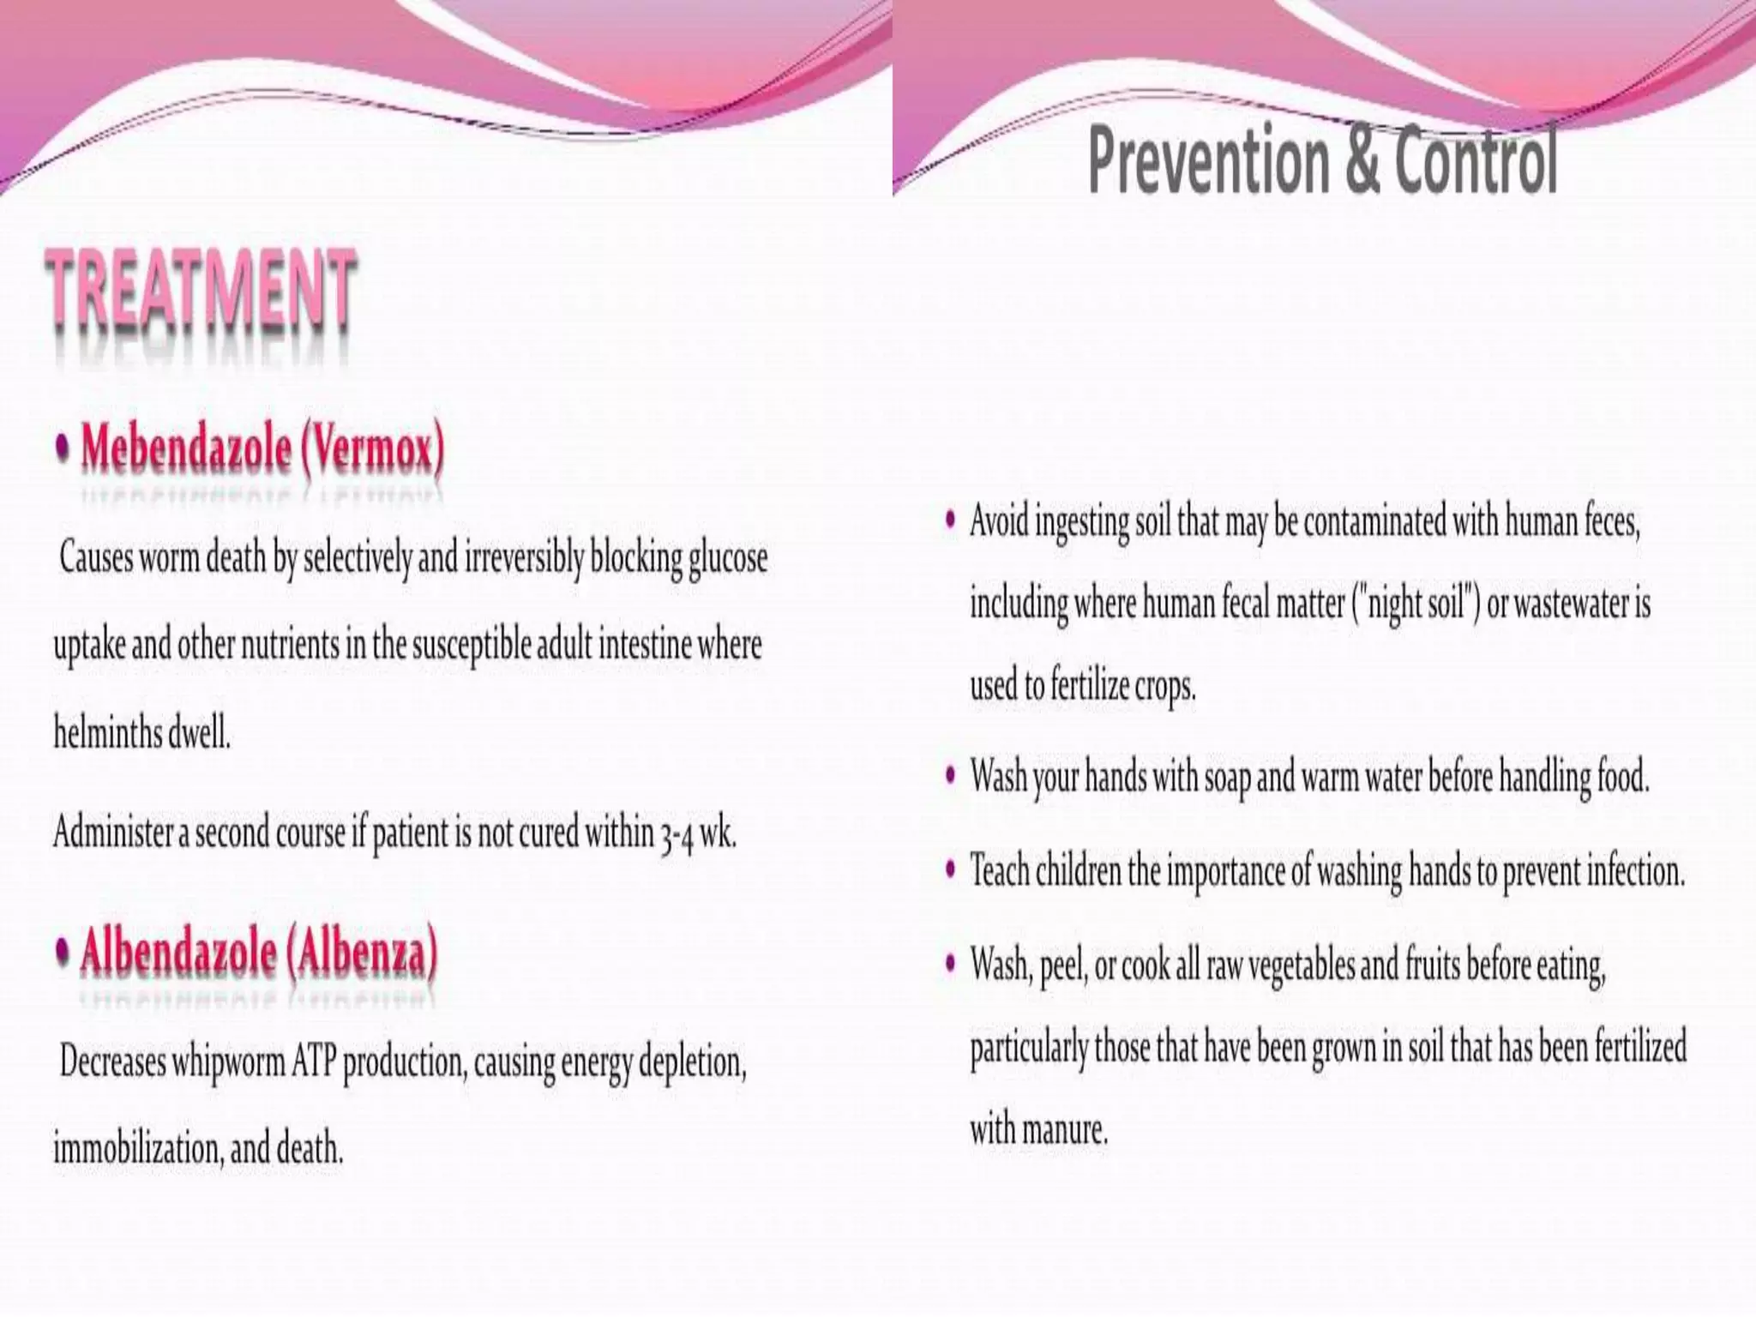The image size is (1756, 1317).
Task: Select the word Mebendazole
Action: click(x=186, y=448)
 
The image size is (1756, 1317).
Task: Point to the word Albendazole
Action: click(x=177, y=953)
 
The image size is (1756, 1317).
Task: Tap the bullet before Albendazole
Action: click(x=63, y=952)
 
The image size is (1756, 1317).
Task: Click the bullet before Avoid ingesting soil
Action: click(x=950, y=520)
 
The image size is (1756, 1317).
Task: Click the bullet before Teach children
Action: click(x=950, y=869)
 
